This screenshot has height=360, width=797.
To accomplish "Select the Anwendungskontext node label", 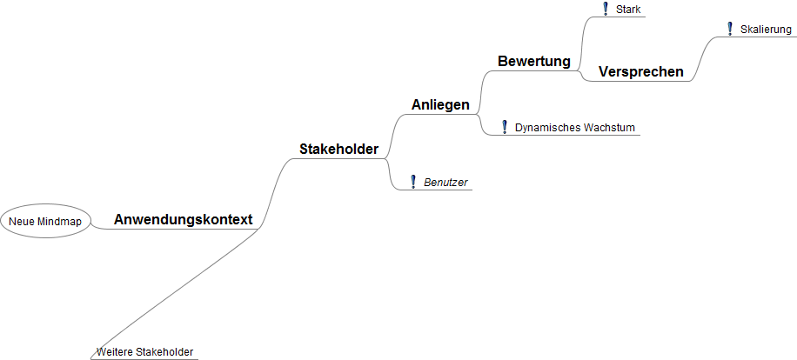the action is click(x=183, y=219).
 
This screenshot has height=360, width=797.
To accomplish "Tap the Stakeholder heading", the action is click(x=339, y=150).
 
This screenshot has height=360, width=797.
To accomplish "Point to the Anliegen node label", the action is click(x=440, y=104).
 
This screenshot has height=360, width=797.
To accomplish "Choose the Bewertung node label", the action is click(x=534, y=62).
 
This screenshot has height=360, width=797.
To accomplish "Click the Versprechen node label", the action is click(x=641, y=72).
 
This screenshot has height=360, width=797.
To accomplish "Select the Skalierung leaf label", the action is click(x=766, y=30).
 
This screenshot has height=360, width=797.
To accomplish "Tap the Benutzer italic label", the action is click(x=445, y=183).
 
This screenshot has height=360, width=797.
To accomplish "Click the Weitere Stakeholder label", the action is click(x=144, y=352).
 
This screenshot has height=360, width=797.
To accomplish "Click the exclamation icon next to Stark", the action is click(x=606, y=10).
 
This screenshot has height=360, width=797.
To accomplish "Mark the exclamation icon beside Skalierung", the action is click(x=730, y=29).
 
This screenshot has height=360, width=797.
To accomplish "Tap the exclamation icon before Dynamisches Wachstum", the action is click(x=505, y=127).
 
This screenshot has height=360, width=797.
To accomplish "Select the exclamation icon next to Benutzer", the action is click(x=413, y=182).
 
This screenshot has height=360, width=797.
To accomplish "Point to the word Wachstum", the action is click(x=609, y=128).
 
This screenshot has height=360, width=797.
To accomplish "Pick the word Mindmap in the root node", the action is click(x=60, y=222).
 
